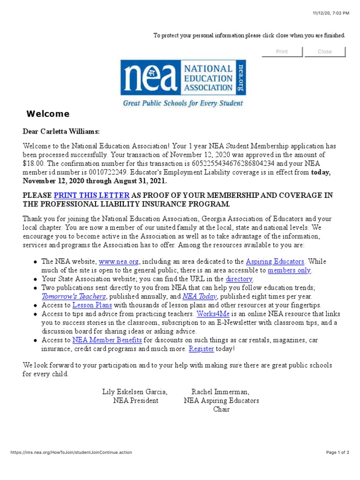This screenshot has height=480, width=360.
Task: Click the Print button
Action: (282, 52)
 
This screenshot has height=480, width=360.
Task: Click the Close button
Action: (324, 52)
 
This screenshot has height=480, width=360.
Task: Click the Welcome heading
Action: (48, 114)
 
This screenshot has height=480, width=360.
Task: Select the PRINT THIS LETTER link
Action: (91, 195)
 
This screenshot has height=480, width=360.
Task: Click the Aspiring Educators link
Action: (275, 262)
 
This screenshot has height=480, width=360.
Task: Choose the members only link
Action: (289, 270)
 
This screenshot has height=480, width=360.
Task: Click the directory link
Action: (240, 279)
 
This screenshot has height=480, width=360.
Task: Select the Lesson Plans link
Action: (92, 305)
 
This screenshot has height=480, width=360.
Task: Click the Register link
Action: (201, 349)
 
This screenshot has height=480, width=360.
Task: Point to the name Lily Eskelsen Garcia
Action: (135, 391)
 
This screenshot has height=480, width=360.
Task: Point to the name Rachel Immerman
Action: (220, 391)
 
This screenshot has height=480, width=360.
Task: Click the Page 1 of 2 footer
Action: (337, 452)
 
